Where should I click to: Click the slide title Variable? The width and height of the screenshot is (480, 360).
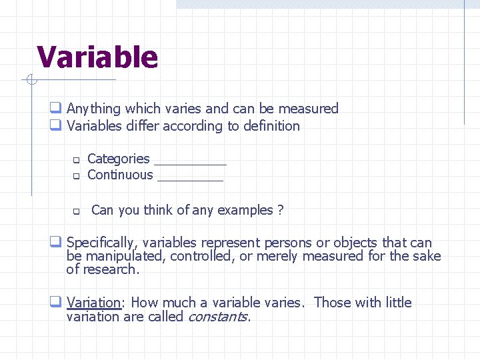(97, 57)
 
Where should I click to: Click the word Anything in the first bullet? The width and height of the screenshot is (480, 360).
(93, 109)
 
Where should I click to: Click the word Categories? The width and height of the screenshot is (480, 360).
(118, 159)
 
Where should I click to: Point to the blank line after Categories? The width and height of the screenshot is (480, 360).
(190, 161)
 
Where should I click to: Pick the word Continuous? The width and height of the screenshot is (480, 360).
(120, 175)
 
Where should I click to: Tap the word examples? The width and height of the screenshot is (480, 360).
(241, 210)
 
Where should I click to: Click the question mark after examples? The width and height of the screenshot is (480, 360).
(281, 210)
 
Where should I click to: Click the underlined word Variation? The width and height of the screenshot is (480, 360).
(93, 302)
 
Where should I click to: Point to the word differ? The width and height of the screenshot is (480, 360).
(133, 126)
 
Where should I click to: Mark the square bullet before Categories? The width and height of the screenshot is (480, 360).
(76, 160)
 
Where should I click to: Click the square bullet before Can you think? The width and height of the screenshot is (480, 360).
(76, 212)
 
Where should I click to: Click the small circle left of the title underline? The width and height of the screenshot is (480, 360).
(29, 81)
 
